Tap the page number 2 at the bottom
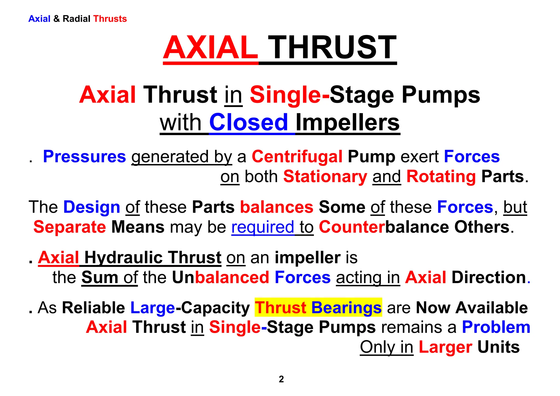coord(281,379)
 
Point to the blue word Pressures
coord(84,157)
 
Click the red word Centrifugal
coord(297,157)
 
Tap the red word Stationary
coord(325,176)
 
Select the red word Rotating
coord(441,176)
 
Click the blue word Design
coord(92,207)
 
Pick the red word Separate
coord(70,227)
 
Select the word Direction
coord(489,277)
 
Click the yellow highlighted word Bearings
coord(346,308)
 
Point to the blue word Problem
coord(496,327)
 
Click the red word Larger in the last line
coord(445,347)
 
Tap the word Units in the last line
coord(498,347)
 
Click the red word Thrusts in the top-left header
coord(110,19)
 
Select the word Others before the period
coord(482,227)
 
